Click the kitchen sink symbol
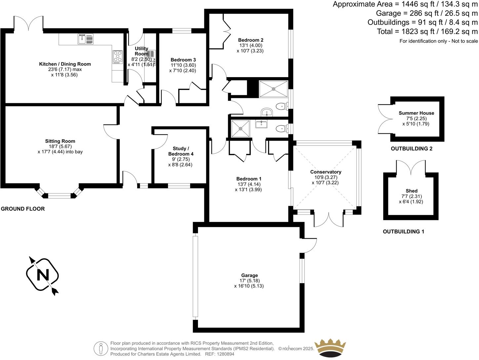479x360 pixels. (86, 39)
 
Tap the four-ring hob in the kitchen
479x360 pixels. (118, 57)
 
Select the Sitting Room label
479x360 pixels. (60, 141)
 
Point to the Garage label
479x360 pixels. (249, 275)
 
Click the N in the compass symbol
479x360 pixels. (42, 275)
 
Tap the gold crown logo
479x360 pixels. (330, 348)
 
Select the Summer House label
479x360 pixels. (416, 113)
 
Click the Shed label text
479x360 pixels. (411, 191)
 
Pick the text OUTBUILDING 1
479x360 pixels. (403, 232)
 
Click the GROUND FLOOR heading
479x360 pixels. (23, 209)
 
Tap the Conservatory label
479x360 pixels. (325, 172)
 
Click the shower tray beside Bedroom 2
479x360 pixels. (273, 89)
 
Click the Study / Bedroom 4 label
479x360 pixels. (181, 151)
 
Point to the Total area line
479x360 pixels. (427, 32)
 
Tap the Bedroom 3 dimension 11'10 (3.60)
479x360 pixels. (183, 65)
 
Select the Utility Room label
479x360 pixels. (141, 51)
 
